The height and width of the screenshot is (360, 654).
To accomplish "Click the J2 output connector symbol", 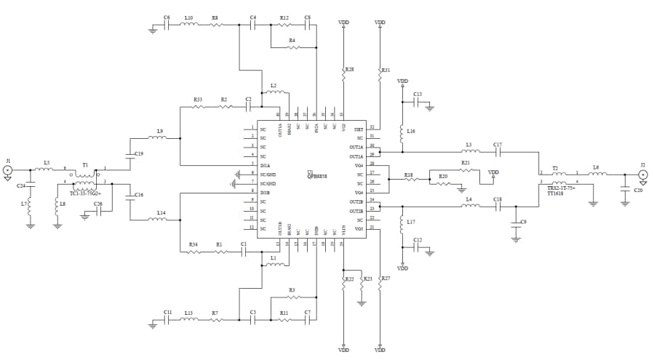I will [x=642, y=175].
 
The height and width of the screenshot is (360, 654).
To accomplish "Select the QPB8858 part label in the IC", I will [x=317, y=176].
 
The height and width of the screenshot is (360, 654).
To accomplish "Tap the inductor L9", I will [x=159, y=137].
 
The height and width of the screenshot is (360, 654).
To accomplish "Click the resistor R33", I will [x=199, y=106].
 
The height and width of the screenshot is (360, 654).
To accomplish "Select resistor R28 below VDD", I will [x=343, y=73].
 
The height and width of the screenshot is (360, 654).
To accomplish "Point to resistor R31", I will [x=380, y=74].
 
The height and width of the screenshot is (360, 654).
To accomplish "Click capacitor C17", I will [x=498, y=153].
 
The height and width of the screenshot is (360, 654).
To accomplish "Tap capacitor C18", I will [x=498, y=207].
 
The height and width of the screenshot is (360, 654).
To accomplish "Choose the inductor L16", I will [x=402, y=134].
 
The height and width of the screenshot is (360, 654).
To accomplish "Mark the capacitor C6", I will [x=167, y=25].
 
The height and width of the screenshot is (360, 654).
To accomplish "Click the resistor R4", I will [x=292, y=47].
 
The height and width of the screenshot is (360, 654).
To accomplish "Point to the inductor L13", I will [x=188, y=320].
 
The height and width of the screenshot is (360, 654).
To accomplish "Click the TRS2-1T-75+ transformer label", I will [x=560, y=190].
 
